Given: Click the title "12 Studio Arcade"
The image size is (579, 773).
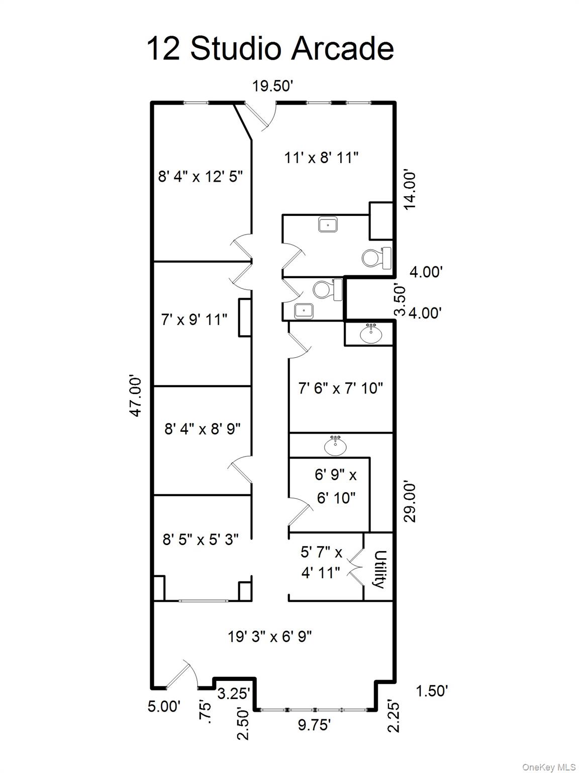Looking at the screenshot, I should (270, 49).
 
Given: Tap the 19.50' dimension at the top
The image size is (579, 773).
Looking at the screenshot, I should (272, 86).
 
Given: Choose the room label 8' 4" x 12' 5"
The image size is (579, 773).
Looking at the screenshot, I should (201, 177).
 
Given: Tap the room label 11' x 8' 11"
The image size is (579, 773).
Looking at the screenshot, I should (321, 158).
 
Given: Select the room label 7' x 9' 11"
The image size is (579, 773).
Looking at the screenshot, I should (194, 319).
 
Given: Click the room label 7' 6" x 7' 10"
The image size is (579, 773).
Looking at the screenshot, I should (341, 388).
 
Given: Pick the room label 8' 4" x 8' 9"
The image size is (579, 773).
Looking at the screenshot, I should (203, 429).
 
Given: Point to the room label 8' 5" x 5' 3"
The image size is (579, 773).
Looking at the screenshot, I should (201, 539).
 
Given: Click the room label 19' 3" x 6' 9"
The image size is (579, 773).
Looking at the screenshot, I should (270, 637).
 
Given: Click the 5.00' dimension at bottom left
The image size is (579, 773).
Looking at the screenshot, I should (164, 706).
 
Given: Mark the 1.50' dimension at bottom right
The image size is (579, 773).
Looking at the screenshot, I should (431, 691).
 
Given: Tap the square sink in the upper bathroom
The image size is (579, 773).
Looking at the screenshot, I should (328, 224).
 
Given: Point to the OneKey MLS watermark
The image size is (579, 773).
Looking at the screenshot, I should (549, 767).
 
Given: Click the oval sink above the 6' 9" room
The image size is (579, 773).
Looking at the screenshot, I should (335, 445).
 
